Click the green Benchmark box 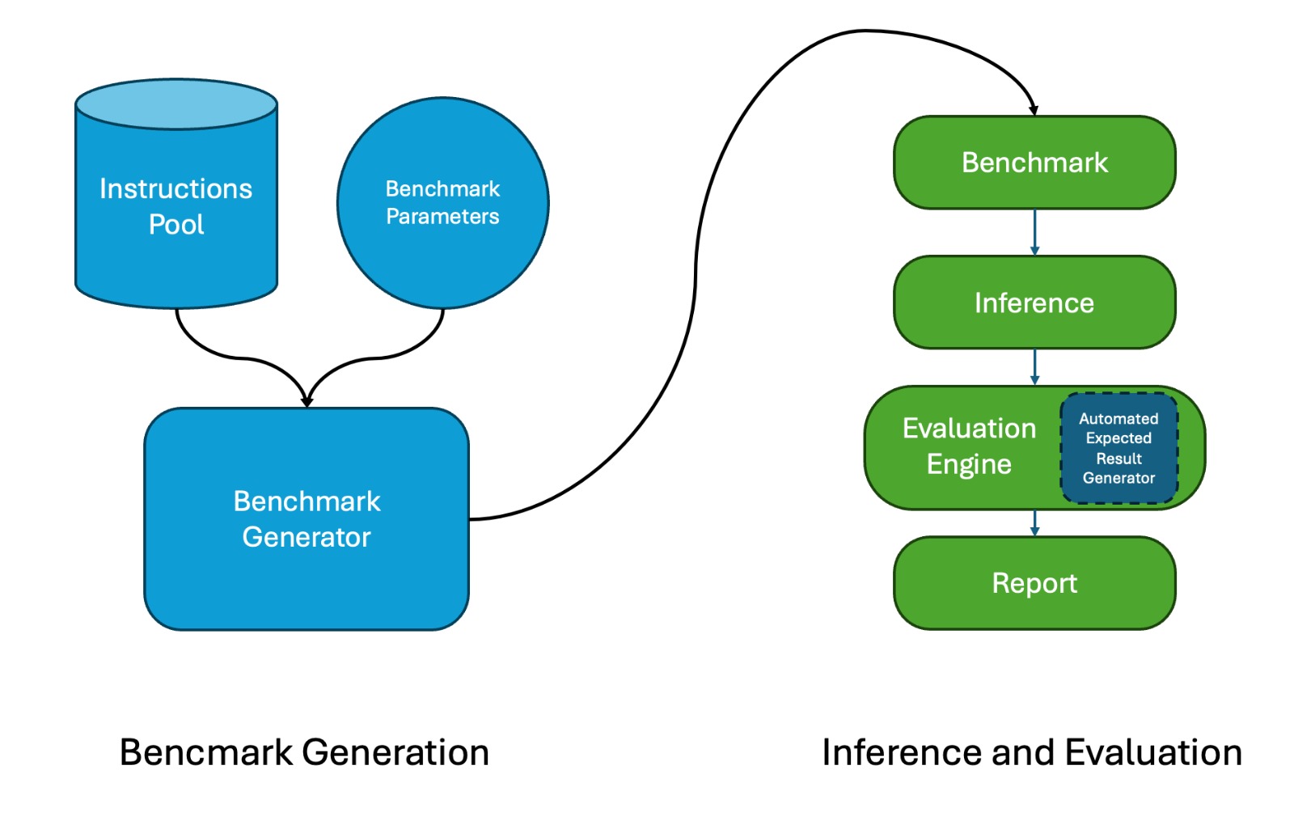click(1034, 163)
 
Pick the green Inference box click(1034, 302)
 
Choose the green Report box click(1034, 583)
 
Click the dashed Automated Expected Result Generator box click(1119, 448)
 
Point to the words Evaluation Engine click(969, 446)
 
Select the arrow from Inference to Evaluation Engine click(1034, 366)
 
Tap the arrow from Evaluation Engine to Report click(1034, 522)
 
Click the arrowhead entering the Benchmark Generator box click(307, 401)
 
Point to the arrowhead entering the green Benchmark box click(1034, 110)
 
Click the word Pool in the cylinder click(176, 224)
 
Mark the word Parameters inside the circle click(442, 217)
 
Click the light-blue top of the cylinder click(176, 104)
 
